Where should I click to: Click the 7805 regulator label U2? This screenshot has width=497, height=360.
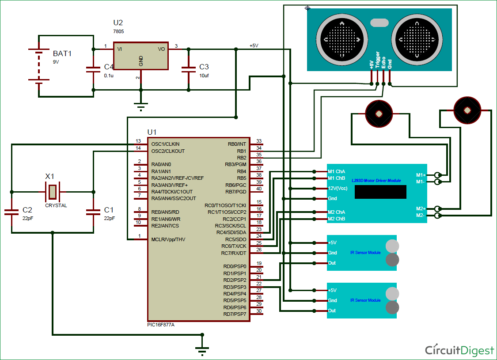pos(118,23)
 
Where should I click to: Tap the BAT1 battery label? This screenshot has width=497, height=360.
pos(62,53)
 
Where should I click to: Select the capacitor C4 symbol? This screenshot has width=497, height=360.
pos(93,69)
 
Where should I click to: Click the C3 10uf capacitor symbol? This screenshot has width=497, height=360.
pos(189,69)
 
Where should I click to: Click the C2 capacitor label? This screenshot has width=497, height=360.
pos(27,209)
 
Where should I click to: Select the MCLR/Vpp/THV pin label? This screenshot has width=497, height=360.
pos(168,239)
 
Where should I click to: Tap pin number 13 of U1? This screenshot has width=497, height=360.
pos(138,141)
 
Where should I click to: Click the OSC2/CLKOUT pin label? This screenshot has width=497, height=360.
pos(168,151)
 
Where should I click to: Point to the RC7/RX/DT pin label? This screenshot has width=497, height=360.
pos(234,253)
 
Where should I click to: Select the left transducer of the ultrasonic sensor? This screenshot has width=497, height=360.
pos(343,39)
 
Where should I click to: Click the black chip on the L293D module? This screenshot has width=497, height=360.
pos(380,192)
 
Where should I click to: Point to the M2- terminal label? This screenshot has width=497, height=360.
pos(421,216)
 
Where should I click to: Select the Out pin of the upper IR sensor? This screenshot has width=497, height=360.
pos(332,263)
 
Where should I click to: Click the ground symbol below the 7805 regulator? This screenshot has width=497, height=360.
pos(141,106)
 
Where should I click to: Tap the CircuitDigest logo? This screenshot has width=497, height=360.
pos(459,350)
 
